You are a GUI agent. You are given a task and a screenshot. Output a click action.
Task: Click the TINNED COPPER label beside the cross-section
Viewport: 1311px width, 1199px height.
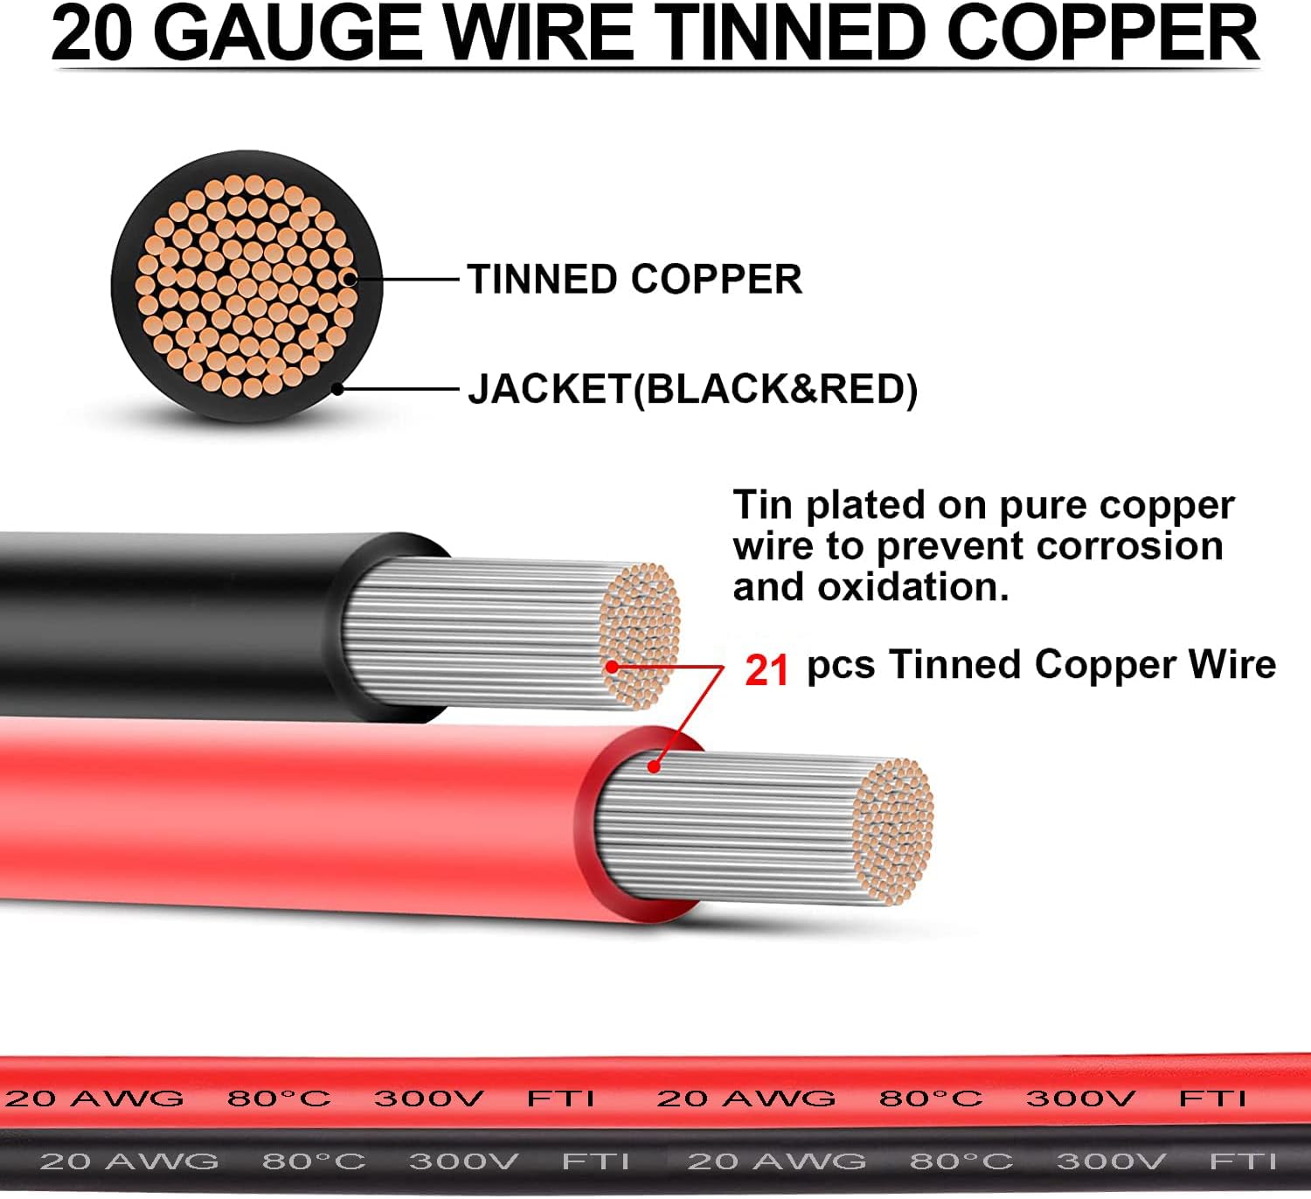pos(635,280)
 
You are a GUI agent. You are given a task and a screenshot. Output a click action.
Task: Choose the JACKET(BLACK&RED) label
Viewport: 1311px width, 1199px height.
pos(692,389)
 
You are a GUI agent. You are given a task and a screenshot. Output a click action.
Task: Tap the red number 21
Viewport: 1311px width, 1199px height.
pos(766,670)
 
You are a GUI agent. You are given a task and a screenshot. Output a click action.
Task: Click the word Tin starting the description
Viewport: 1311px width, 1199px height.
pos(764,505)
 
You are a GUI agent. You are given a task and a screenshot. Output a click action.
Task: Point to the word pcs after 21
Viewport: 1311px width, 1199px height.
pos(840,666)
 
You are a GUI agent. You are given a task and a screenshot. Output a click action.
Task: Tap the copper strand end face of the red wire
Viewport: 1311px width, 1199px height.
pos(893,830)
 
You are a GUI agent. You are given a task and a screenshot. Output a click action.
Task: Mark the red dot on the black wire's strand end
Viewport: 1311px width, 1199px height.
pos(612,666)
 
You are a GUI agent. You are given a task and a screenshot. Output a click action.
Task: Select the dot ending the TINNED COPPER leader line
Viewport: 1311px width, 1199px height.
pos(348,280)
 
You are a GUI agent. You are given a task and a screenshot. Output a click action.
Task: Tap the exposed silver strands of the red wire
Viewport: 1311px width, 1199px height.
pos(725,826)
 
